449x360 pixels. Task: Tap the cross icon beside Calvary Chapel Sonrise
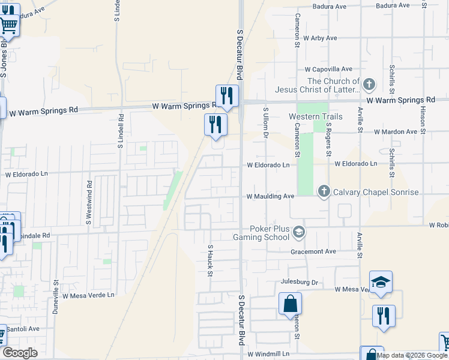pyautogui.click(x=324, y=191)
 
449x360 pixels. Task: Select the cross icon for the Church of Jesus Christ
pyautogui.click(x=369, y=83)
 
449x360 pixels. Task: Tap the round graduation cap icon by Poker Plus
pyautogui.click(x=298, y=231)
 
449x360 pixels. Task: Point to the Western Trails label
pyautogui.click(x=312, y=116)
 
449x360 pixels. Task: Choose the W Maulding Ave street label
pyautogui.click(x=270, y=196)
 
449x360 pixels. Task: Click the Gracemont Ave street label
pyautogui.click(x=313, y=251)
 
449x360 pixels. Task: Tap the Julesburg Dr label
pyautogui.click(x=298, y=282)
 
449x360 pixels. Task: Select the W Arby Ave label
pyautogui.click(x=320, y=38)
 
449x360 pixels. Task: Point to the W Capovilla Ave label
pyautogui.click(x=328, y=69)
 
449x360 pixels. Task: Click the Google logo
pyautogui.click(x=20, y=353)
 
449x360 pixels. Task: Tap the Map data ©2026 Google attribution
pyautogui.click(x=412, y=355)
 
